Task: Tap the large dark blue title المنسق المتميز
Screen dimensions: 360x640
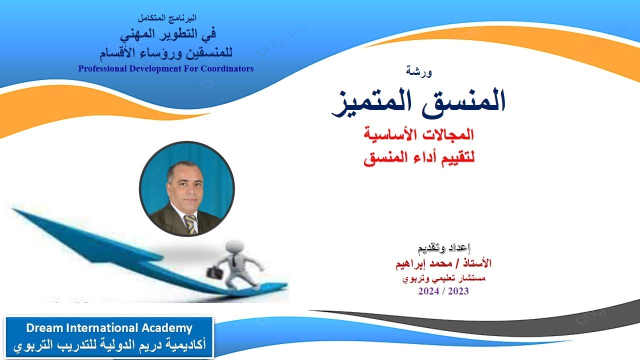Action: (x=419, y=102)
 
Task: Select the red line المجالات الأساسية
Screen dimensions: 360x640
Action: (x=419, y=134)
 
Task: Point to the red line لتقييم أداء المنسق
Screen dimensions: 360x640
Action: (x=419, y=159)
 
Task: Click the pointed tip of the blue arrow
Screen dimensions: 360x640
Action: (x=15, y=210)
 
